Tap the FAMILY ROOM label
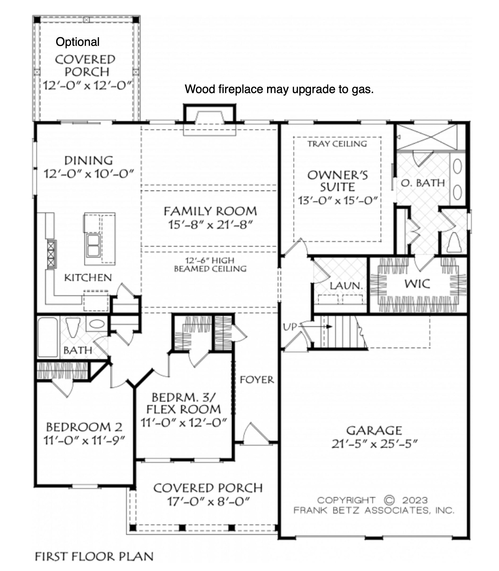click(x=210, y=211)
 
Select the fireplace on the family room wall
click(x=210, y=120)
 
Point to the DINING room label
click(x=88, y=161)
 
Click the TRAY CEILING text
click(x=337, y=144)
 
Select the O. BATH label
click(x=423, y=183)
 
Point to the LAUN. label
click(x=346, y=285)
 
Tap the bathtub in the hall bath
click(x=48, y=337)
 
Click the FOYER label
click(x=257, y=380)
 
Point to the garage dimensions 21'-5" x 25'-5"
click(x=375, y=444)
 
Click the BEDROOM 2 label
click(x=84, y=427)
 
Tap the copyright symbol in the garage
click(x=389, y=500)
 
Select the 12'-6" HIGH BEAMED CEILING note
click(x=210, y=265)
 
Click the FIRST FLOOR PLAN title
click(x=94, y=557)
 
